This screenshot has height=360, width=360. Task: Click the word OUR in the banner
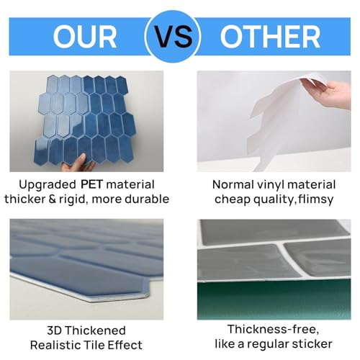(x=85, y=37)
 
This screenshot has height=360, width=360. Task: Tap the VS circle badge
(x=173, y=37)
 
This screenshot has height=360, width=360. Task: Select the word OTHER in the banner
(x=270, y=37)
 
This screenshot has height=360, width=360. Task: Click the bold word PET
(x=91, y=184)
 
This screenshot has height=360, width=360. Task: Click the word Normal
(x=233, y=185)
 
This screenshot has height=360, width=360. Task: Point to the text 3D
(x=55, y=330)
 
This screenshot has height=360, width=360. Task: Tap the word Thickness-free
(x=274, y=330)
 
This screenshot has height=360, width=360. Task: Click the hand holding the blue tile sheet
(x=78, y=163)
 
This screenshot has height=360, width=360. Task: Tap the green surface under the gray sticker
(x=274, y=300)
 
